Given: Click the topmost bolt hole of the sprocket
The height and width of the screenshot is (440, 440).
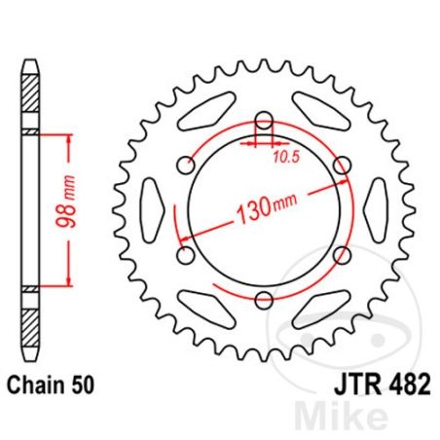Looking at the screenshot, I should [262, 123].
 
